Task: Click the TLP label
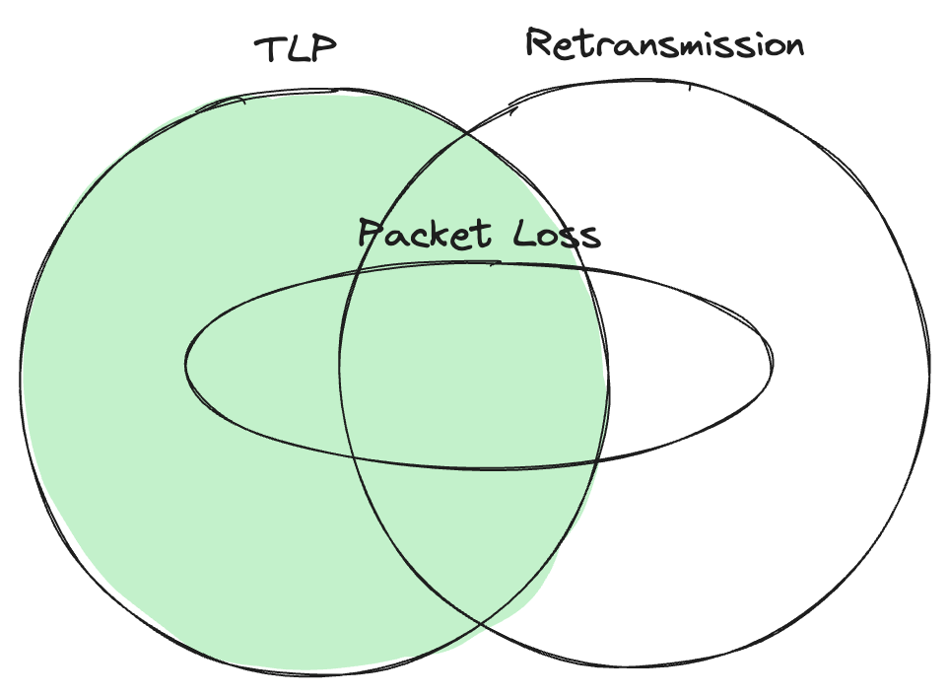(297, 50)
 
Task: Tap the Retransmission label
(664, 44)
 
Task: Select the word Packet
(424, 235)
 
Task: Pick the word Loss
(558, 235)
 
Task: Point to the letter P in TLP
(324, 49)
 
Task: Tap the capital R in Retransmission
(539, 43)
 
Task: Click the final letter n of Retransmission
(792, 46)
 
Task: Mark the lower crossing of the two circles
(480, 622)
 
